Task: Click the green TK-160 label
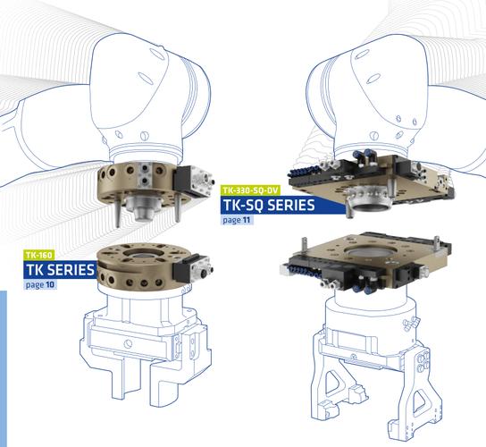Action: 38,255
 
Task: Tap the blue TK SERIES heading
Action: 60,270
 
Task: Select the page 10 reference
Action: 39,284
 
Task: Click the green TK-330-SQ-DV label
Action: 250,190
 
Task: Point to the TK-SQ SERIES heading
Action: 269,205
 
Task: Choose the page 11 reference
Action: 237,220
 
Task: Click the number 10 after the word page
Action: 50,284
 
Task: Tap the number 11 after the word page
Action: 247,220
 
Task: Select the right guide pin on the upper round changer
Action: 177,207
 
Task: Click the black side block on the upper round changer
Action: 182,181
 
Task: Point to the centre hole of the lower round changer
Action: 144,253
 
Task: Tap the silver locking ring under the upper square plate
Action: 368,199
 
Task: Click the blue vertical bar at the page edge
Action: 4,368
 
